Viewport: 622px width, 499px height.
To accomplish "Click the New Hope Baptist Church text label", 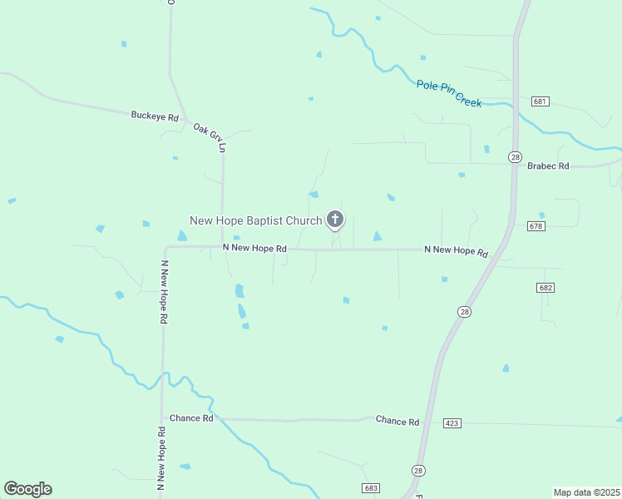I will click(x=255, y=220).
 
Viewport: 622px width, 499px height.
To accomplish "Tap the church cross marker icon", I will click(x=335, y=220).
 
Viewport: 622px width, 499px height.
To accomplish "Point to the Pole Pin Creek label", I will click(x=449, y=93).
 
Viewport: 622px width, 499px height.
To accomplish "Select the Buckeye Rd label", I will click(x=155, y=116).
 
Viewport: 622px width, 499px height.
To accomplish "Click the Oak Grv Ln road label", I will click(x=210, y=138).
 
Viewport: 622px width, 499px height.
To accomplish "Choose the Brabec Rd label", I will click(x=548, y=166).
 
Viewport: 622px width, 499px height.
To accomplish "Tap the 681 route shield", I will click(x=541, y=101).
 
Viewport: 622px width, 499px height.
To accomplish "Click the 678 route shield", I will click(x=536, y=225).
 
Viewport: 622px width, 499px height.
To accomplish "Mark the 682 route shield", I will click(x=545, y=288).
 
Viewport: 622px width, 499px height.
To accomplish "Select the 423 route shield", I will click(x=452, y=423).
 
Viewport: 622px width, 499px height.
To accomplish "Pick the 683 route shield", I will click(x=371, y=487).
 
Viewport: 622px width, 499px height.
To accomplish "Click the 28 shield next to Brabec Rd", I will click(x=516, y=156).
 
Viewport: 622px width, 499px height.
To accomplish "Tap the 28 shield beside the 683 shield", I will click(x=417, y=471).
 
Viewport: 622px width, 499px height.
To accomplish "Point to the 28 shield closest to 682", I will click(x=464, y=311).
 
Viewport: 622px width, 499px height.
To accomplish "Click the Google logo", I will click(x=27, y=489).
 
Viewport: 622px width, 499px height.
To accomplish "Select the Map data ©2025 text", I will click(x=586, y=492).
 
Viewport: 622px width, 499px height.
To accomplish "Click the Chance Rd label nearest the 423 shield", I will click(x=397, y=422).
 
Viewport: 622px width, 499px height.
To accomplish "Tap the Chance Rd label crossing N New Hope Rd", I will click(x=191, y=418).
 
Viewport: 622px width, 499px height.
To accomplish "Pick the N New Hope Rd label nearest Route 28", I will click(x=456, y=250).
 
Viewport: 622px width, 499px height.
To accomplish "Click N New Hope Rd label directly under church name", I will click(x=254, y=249).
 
